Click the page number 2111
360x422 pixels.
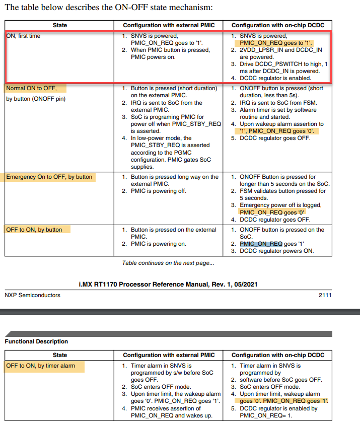[x=325, y=295]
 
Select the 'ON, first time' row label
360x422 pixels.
[x=23, y=36]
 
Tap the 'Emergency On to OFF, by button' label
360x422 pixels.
[x=49, y=177]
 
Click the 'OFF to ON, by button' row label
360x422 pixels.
[x=34, y=230]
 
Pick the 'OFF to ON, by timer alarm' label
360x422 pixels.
[x=40, y=366]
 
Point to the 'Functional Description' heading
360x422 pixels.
[x=36, y=341]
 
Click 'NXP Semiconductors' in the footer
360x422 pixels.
[x=32, y=295]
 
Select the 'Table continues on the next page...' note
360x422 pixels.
[x=168, y=263]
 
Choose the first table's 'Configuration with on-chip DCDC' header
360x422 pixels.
[x=277, y=25]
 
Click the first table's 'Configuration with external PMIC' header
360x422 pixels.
[x=169, y=25]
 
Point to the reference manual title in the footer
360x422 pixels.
[x=168, y=285]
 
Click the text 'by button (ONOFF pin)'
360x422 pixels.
[x=36, y=99]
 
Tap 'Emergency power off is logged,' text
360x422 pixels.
[x=280, y=205]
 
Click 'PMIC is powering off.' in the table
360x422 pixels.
[x=159, y=191]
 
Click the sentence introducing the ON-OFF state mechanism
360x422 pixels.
[x=109, y=7]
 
